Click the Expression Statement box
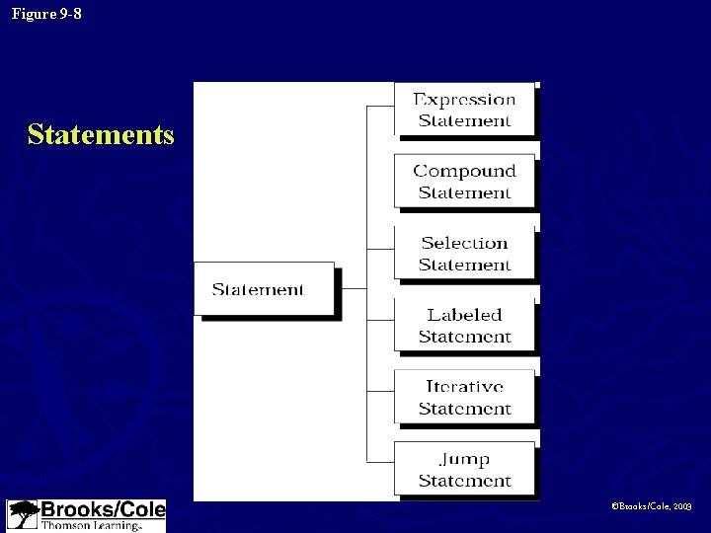click(464, 110)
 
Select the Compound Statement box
click(464, 181)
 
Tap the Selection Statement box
click(464, 254)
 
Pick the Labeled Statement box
click(464, 325)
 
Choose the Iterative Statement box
click(464, 397)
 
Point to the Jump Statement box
click(464, 469)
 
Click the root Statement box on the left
click(264, 289)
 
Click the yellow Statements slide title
click(101, 134)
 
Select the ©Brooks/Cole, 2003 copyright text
click(652, 505)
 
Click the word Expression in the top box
click(464, 100)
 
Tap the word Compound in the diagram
click(464, 171)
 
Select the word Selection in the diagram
click(464, 243)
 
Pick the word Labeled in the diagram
click(464, 315)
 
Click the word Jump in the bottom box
click(464, 459)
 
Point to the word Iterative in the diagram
click(464, 387)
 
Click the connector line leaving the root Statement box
click(354, 289)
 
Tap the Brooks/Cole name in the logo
click(102, 510)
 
